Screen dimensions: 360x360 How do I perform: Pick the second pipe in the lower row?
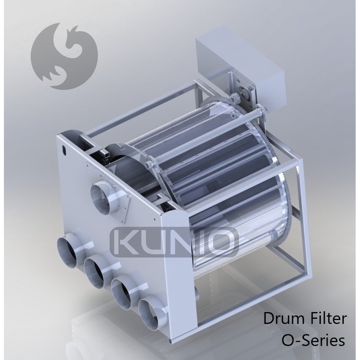tap(98, 272)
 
